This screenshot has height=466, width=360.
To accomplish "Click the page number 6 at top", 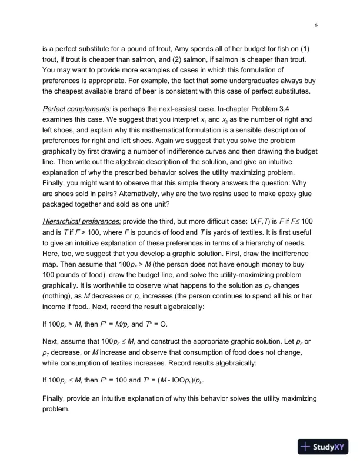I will pyautogui.click(x=316, y=25).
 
